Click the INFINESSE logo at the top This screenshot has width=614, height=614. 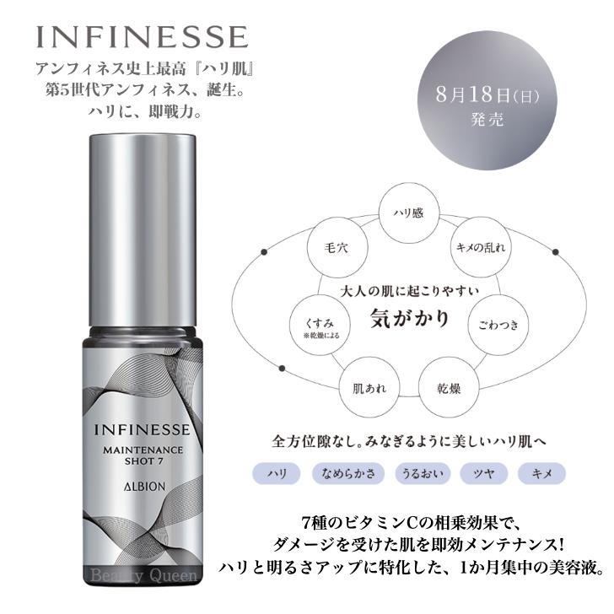[142, 37]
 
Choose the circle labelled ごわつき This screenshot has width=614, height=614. [498, 324]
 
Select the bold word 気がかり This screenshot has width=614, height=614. [410, 321]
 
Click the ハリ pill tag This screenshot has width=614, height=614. [276, 474]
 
